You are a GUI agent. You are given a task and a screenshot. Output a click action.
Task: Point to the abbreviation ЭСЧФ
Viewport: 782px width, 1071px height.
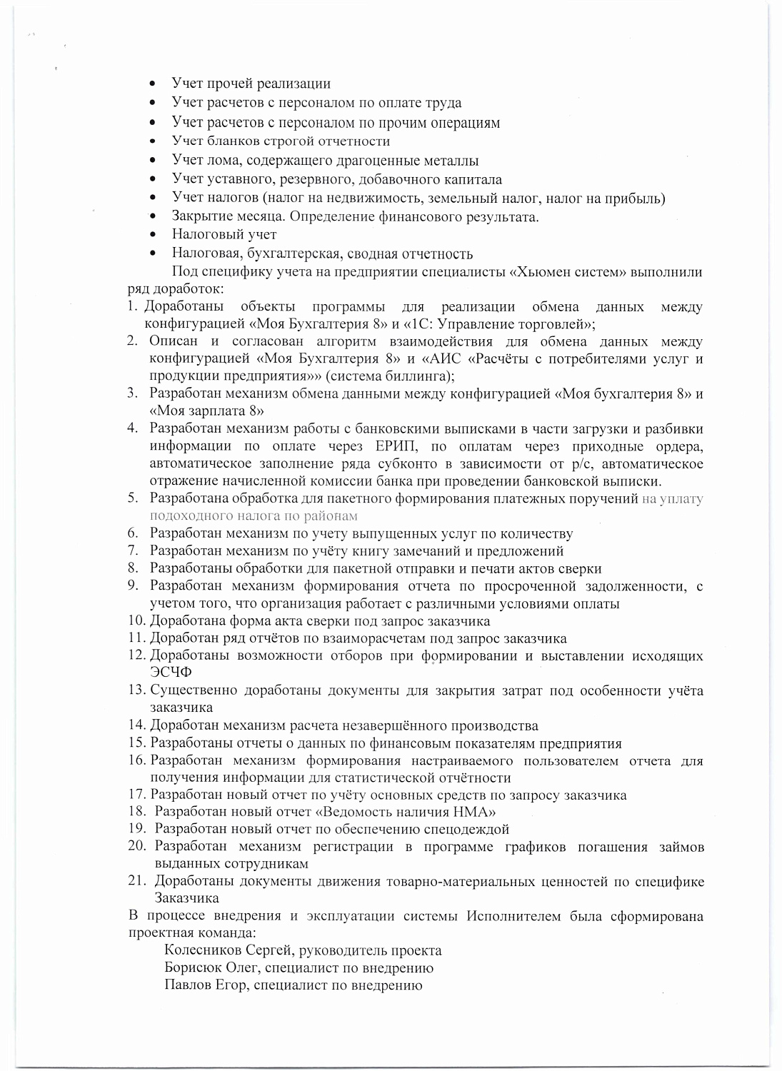click(x=171, y=672)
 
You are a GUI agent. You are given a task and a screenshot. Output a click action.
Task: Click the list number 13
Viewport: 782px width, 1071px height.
click(x=136, y=690)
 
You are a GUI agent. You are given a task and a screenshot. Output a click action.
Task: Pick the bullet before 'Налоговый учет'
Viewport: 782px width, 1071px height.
click(x=154, y=235)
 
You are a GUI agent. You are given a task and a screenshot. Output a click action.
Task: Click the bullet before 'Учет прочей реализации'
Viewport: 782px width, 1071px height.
click(x=154, y=84)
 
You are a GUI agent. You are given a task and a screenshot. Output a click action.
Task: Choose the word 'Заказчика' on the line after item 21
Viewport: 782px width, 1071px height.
click(x=186, y=898)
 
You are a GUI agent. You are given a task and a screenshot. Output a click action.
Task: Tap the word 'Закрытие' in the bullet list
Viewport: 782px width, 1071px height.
click(x=201, y=216)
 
